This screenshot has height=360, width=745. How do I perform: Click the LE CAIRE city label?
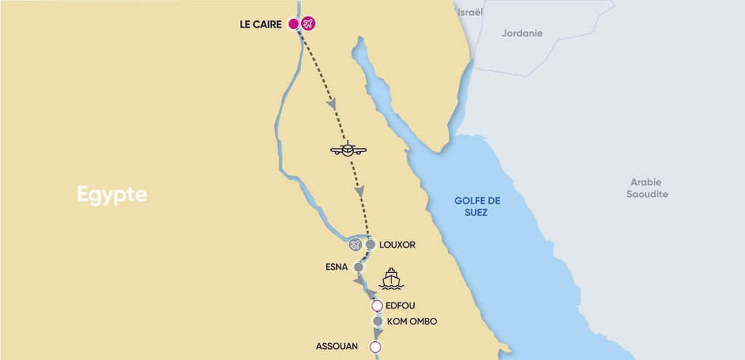[260, 25]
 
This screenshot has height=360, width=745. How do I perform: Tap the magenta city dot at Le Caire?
[294, 24]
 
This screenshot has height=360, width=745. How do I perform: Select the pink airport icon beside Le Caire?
[308, 24]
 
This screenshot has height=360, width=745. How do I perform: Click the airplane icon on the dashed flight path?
[348, 150]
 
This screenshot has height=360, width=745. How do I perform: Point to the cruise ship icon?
[391, 278]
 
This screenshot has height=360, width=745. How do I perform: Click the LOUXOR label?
[397, 245]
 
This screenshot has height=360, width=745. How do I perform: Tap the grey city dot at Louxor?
[370, 244]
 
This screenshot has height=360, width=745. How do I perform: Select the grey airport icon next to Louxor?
[355, 244]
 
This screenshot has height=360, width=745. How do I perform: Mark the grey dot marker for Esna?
[358, 267]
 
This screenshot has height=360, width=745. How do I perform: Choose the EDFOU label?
[400, 305]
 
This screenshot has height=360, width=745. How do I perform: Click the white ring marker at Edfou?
[377, 305]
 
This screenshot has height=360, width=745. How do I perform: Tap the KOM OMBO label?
[412, 321]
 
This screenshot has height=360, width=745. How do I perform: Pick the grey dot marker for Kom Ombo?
[378, 321]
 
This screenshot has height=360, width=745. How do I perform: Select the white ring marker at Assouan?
[375, 347]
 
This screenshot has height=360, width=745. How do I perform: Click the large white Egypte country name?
[112, 195]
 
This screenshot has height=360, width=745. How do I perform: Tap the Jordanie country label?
[522, 33]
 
